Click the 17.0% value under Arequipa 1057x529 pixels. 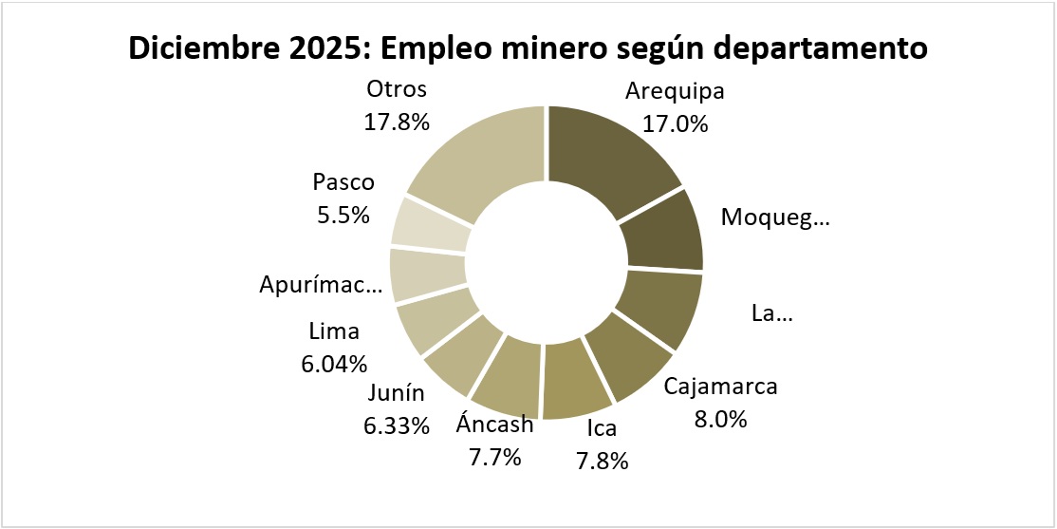[x=675, y=123]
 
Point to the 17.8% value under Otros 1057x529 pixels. [x=397, y=122]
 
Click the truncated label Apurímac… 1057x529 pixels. [x=320, y=286]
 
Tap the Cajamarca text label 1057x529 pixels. [x=720, y=387]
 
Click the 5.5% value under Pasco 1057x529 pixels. [x=343, y=215]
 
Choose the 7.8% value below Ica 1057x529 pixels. [x=601, y=461]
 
